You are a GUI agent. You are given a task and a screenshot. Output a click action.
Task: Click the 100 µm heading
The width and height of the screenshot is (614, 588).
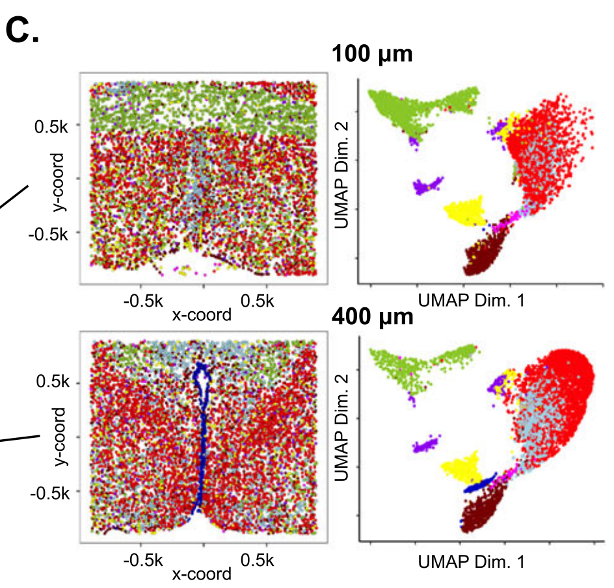(x=372, y=54)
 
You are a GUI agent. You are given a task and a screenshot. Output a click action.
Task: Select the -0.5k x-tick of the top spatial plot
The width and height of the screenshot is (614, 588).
(x=142, y=301)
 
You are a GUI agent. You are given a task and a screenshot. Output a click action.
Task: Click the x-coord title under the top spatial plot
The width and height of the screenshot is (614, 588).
(x=202, y=315)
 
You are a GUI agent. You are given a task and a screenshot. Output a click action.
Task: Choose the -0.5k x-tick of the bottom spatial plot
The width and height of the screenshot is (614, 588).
(x=142, y=561)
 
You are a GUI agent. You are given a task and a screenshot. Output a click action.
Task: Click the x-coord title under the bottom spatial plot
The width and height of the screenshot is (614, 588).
(x=202, y=574)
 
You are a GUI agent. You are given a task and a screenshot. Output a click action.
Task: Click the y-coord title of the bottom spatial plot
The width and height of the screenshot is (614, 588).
(x=60, y=437)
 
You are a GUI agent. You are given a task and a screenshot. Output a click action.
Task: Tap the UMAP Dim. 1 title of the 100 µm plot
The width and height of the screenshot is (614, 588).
(x=472, y=301)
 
